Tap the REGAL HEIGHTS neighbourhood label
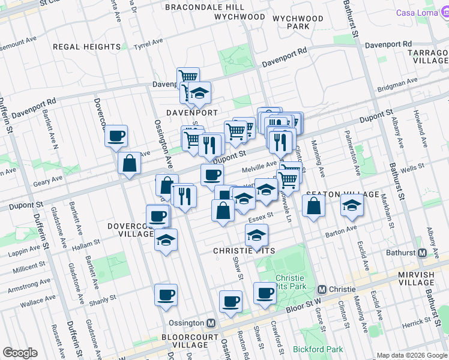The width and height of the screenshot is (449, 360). (x=86, y=47)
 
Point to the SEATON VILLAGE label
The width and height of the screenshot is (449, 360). (x=342, y=194)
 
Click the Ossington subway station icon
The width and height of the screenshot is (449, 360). (x=211, y=323)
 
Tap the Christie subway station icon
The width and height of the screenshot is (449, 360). (x=322, y=289)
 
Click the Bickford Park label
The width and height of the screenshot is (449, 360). (x=318, y=349)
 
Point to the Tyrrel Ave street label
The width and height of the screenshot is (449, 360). (x=148, y=44)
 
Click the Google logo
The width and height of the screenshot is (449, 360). (x=20, y=353)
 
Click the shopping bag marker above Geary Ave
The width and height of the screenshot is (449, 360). (x=130, y=163)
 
